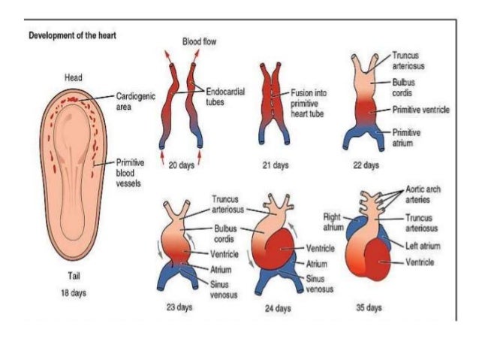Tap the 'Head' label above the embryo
coord(73,77)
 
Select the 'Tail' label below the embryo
coord(74,275)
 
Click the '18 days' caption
coord(74,292)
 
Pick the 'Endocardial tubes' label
coord(225,95)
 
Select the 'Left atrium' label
coord(423,246)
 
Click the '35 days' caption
coord(371,307)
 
